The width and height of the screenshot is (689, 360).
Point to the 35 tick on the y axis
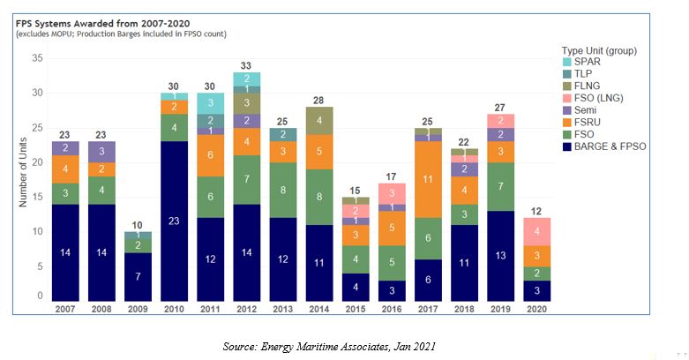37,58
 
